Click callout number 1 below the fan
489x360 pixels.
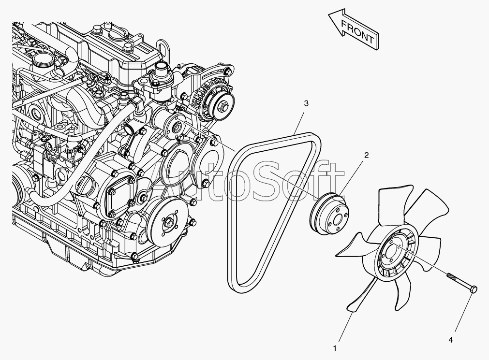pyautogui.click(x=334, y=347)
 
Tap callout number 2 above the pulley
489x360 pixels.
pyautogui.click(x=366, y=155)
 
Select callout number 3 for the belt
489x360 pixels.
pyautogui.click(x=306, y=103)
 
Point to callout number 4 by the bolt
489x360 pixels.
pyautogui.click(x=451, y=340)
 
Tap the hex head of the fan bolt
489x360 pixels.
pyautogui.click(x=474, y=289)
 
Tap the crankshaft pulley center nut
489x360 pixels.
pyautogui.click(x=170, y=223)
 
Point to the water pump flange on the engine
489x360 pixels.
pyautogui.click(x=176, y=127)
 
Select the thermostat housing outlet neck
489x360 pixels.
pyautogui.click(x=159, y=72)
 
